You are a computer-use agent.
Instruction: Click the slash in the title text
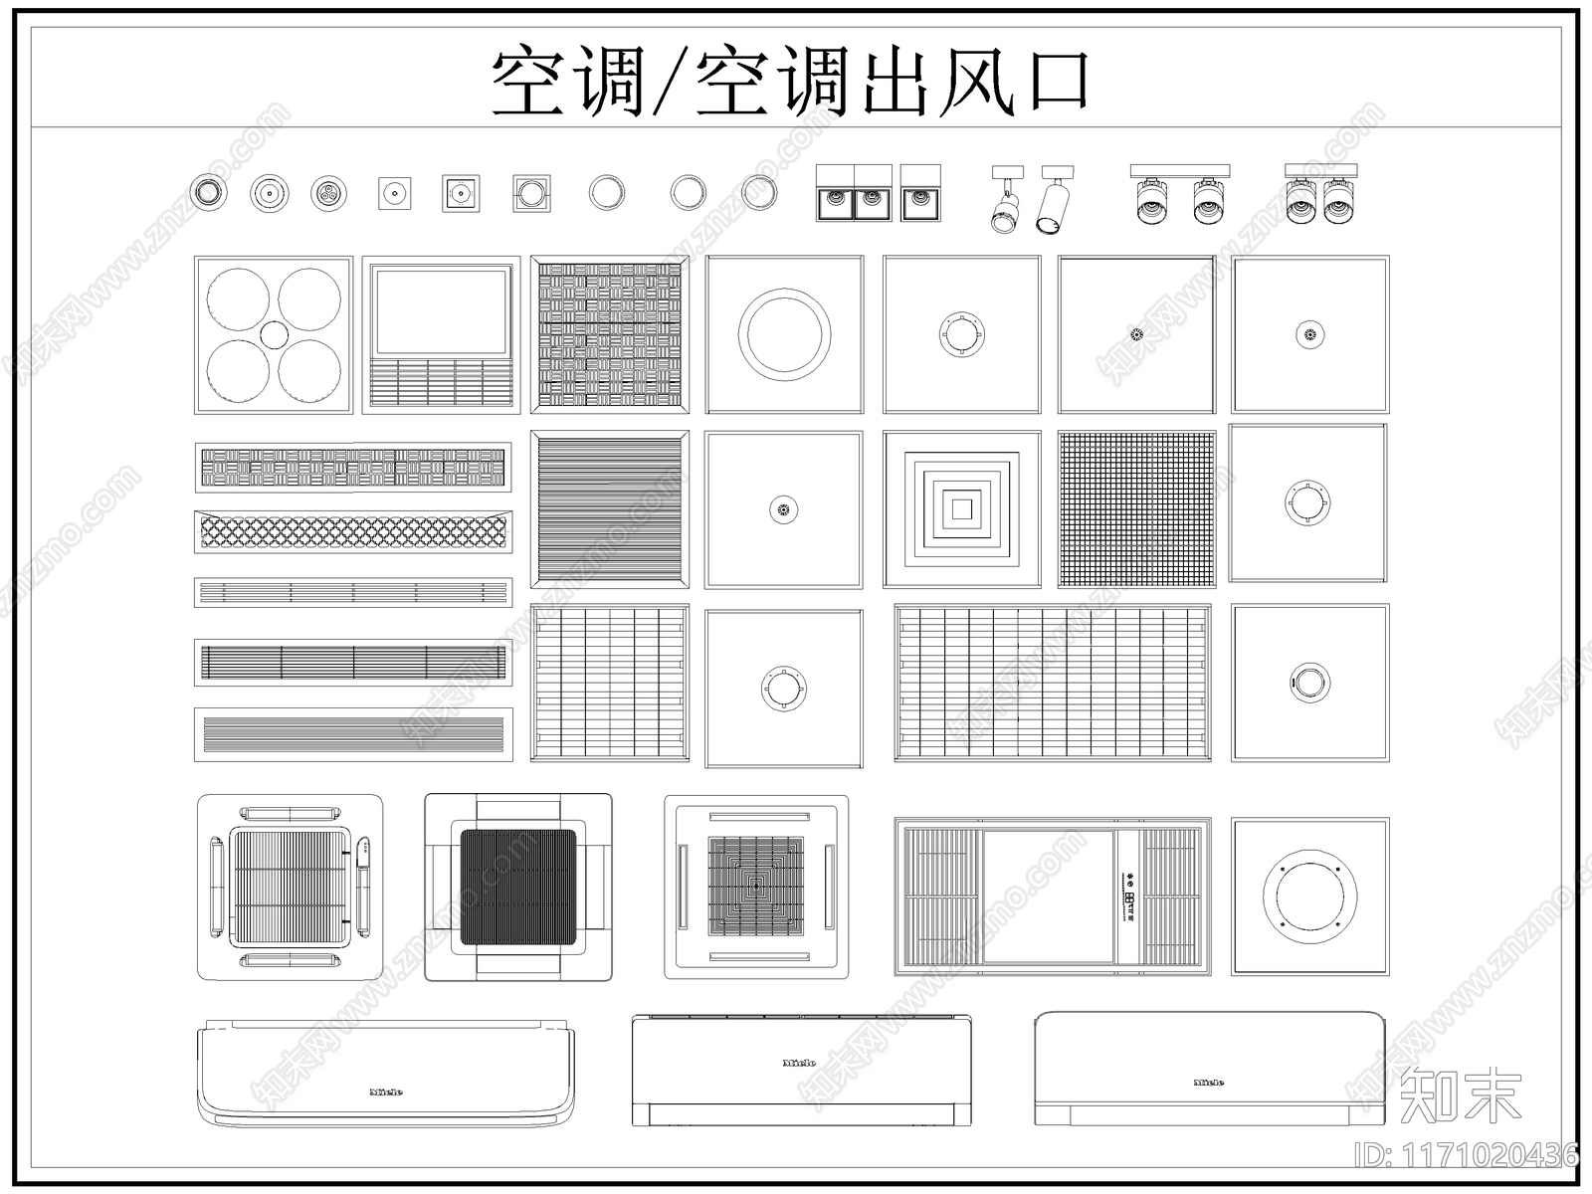[x=674, y=84]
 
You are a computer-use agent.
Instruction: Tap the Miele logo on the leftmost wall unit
[x=386, y=1092]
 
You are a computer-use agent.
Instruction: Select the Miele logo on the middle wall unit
[x=800, y=1063]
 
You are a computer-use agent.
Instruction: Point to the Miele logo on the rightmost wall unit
[x=1208, y=1082]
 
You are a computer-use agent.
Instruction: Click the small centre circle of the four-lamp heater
[x=274, y=334]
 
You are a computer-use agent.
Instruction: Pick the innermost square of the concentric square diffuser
[x=961, y=509]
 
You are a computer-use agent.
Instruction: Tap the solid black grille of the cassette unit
[x=517, y=887]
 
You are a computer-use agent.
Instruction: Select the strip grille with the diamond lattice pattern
[x=353, y=533]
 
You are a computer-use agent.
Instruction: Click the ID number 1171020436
[x=1468, y=1154]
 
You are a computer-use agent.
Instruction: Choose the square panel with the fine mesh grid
[x=1136, y=509]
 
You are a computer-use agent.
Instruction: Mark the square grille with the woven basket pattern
[x=609, y=334]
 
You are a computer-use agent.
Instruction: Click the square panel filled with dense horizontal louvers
[x=609, y=509]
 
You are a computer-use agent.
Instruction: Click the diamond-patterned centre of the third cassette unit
[x=756, y=887]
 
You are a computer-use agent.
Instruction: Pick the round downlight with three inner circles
[x=328, y=193]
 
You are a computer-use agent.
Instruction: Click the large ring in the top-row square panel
[x=784, y=334]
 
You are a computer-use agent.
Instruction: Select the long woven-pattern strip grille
[x=353, y=468]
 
